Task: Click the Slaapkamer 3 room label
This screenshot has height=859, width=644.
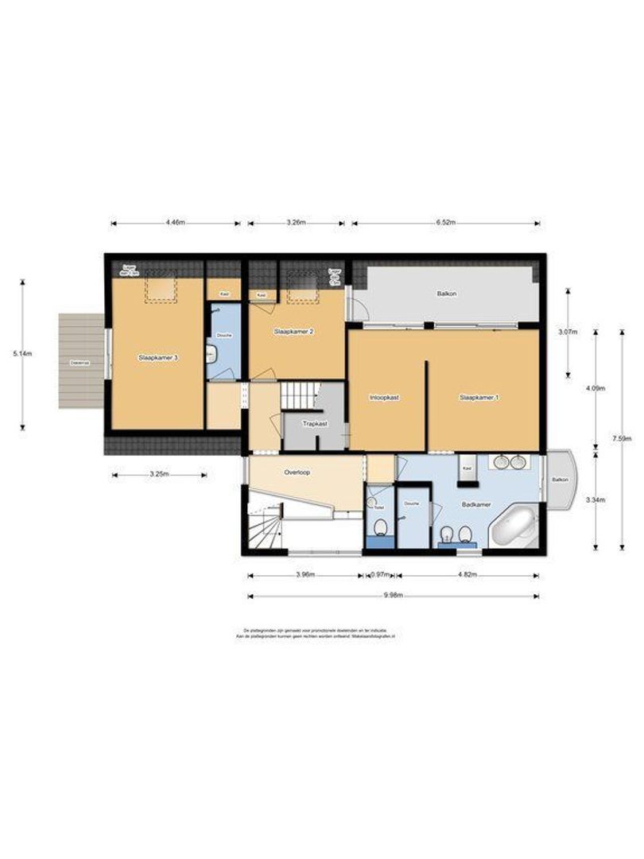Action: click(157, 358)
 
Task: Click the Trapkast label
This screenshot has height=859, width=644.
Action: click(314, 424)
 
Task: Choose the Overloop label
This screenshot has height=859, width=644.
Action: click(297, 472)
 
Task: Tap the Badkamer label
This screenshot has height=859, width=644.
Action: click(475, 504)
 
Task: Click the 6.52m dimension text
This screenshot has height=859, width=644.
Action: click(446, 223)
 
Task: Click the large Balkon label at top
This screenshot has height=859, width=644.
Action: click(446, 293)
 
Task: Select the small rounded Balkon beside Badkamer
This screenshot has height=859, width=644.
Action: click(561, 480)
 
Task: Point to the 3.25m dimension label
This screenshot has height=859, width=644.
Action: click(159, 475)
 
